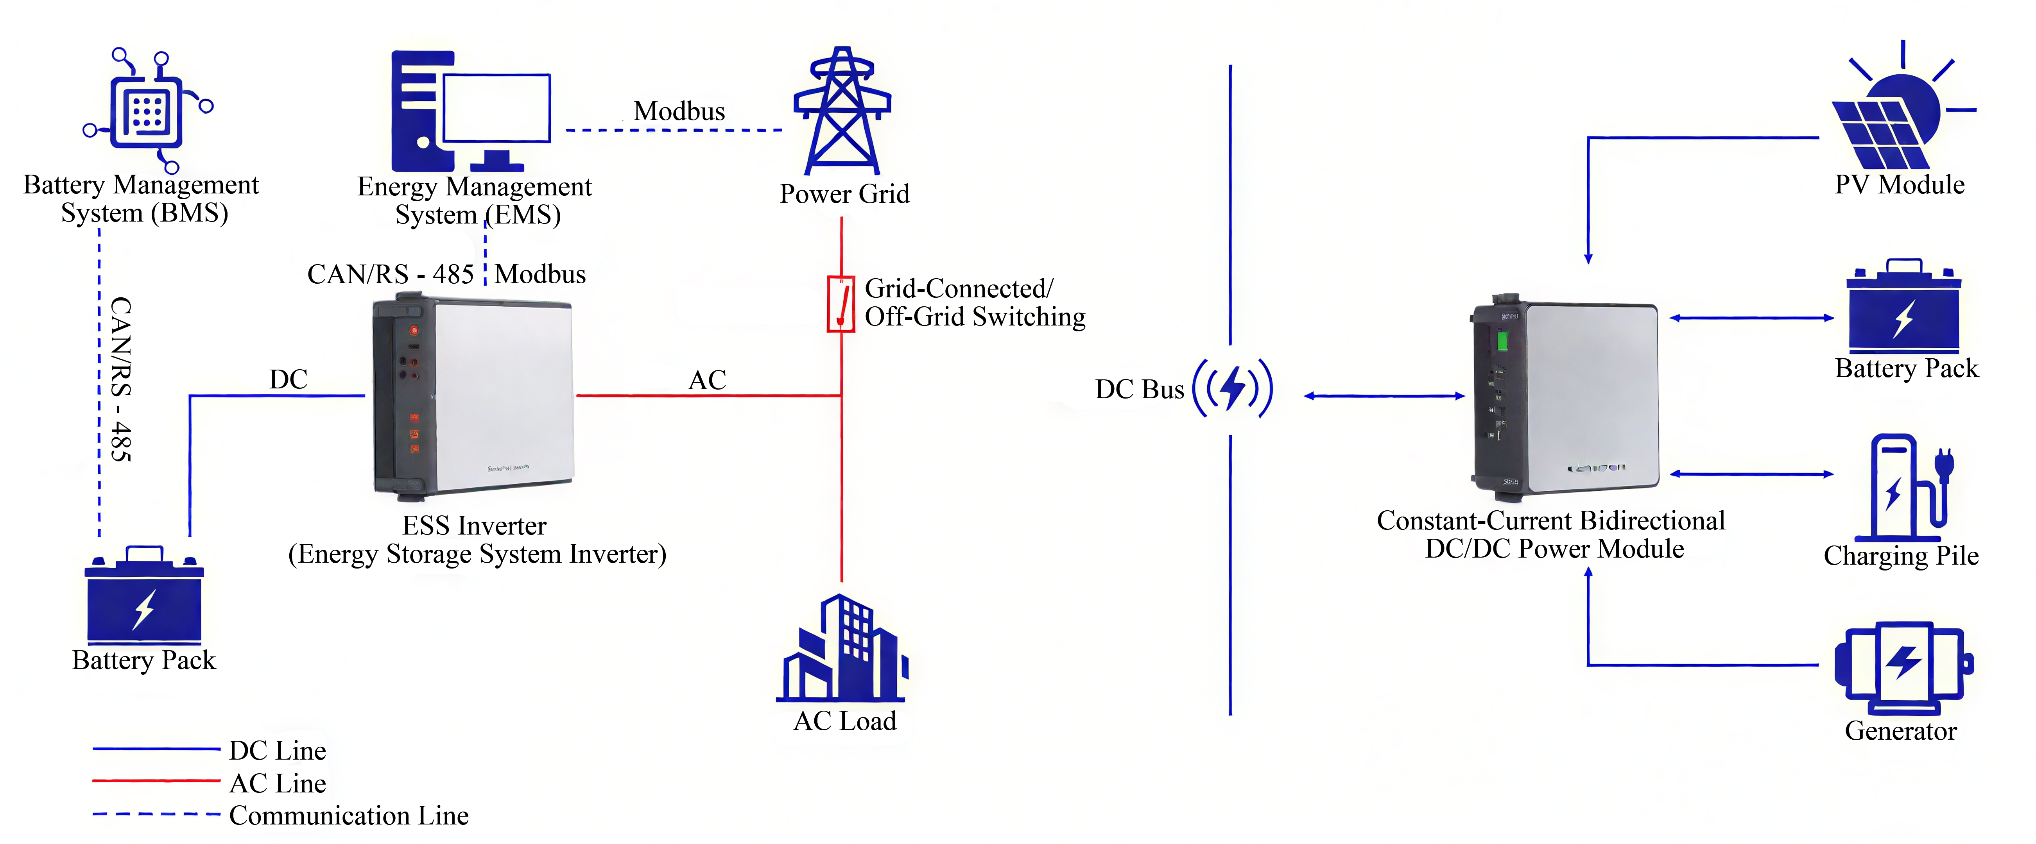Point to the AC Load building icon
tap(842, 649)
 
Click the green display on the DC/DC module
tap(1502, 342)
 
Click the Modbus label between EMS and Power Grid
tap(679, 111)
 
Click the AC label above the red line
tap(706, 380)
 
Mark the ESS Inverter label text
tap(474, 526)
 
